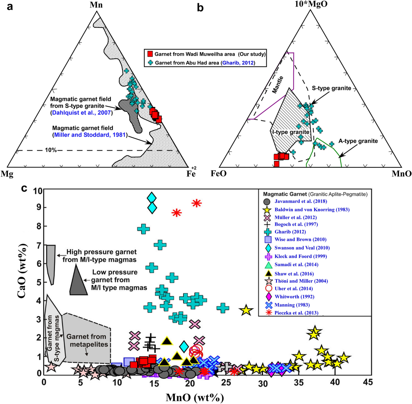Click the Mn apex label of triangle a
[x=97, y=5]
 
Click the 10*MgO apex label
[x=310, y=4]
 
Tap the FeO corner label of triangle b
[x=218, y=174]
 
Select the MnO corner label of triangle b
[x=401, y=174]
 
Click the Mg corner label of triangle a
[x=7, y=174]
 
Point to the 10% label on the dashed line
[x=50, y=150]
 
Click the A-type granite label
[x=358, y=141]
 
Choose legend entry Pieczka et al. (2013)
[x=296, y=313]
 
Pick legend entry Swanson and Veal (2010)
[x=302, y=248]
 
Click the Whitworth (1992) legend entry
[x=294, y=297]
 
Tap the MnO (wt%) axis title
[x=195, y=397]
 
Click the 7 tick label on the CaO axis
[x=39, y=245]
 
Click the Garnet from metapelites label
[x=86, y=341]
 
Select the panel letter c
[x=24, y=188]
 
